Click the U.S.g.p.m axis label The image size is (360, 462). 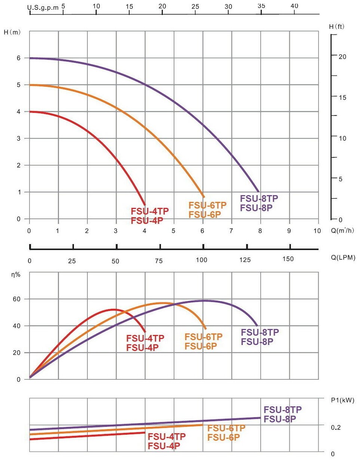point(43,7)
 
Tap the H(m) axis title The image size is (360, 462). point(12,32)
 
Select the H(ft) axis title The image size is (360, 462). point(337,27)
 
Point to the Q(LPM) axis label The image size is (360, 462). point(343,257)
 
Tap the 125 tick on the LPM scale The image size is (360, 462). point(245,260)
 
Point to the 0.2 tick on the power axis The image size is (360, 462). point(336,427)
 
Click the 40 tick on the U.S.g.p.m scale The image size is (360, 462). point(294,6)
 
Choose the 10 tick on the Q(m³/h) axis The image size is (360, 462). point(317,231)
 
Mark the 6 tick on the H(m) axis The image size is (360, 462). point(18,58)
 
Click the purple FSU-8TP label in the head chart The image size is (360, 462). point(259,198)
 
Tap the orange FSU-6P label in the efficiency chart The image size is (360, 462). point(201,346)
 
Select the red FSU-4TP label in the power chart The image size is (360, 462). point(167,437)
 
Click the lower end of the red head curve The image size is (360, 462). point(145,205)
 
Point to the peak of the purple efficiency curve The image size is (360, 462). point(204,301)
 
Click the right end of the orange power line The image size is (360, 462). point(202,425)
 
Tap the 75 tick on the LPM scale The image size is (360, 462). point(159,261)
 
